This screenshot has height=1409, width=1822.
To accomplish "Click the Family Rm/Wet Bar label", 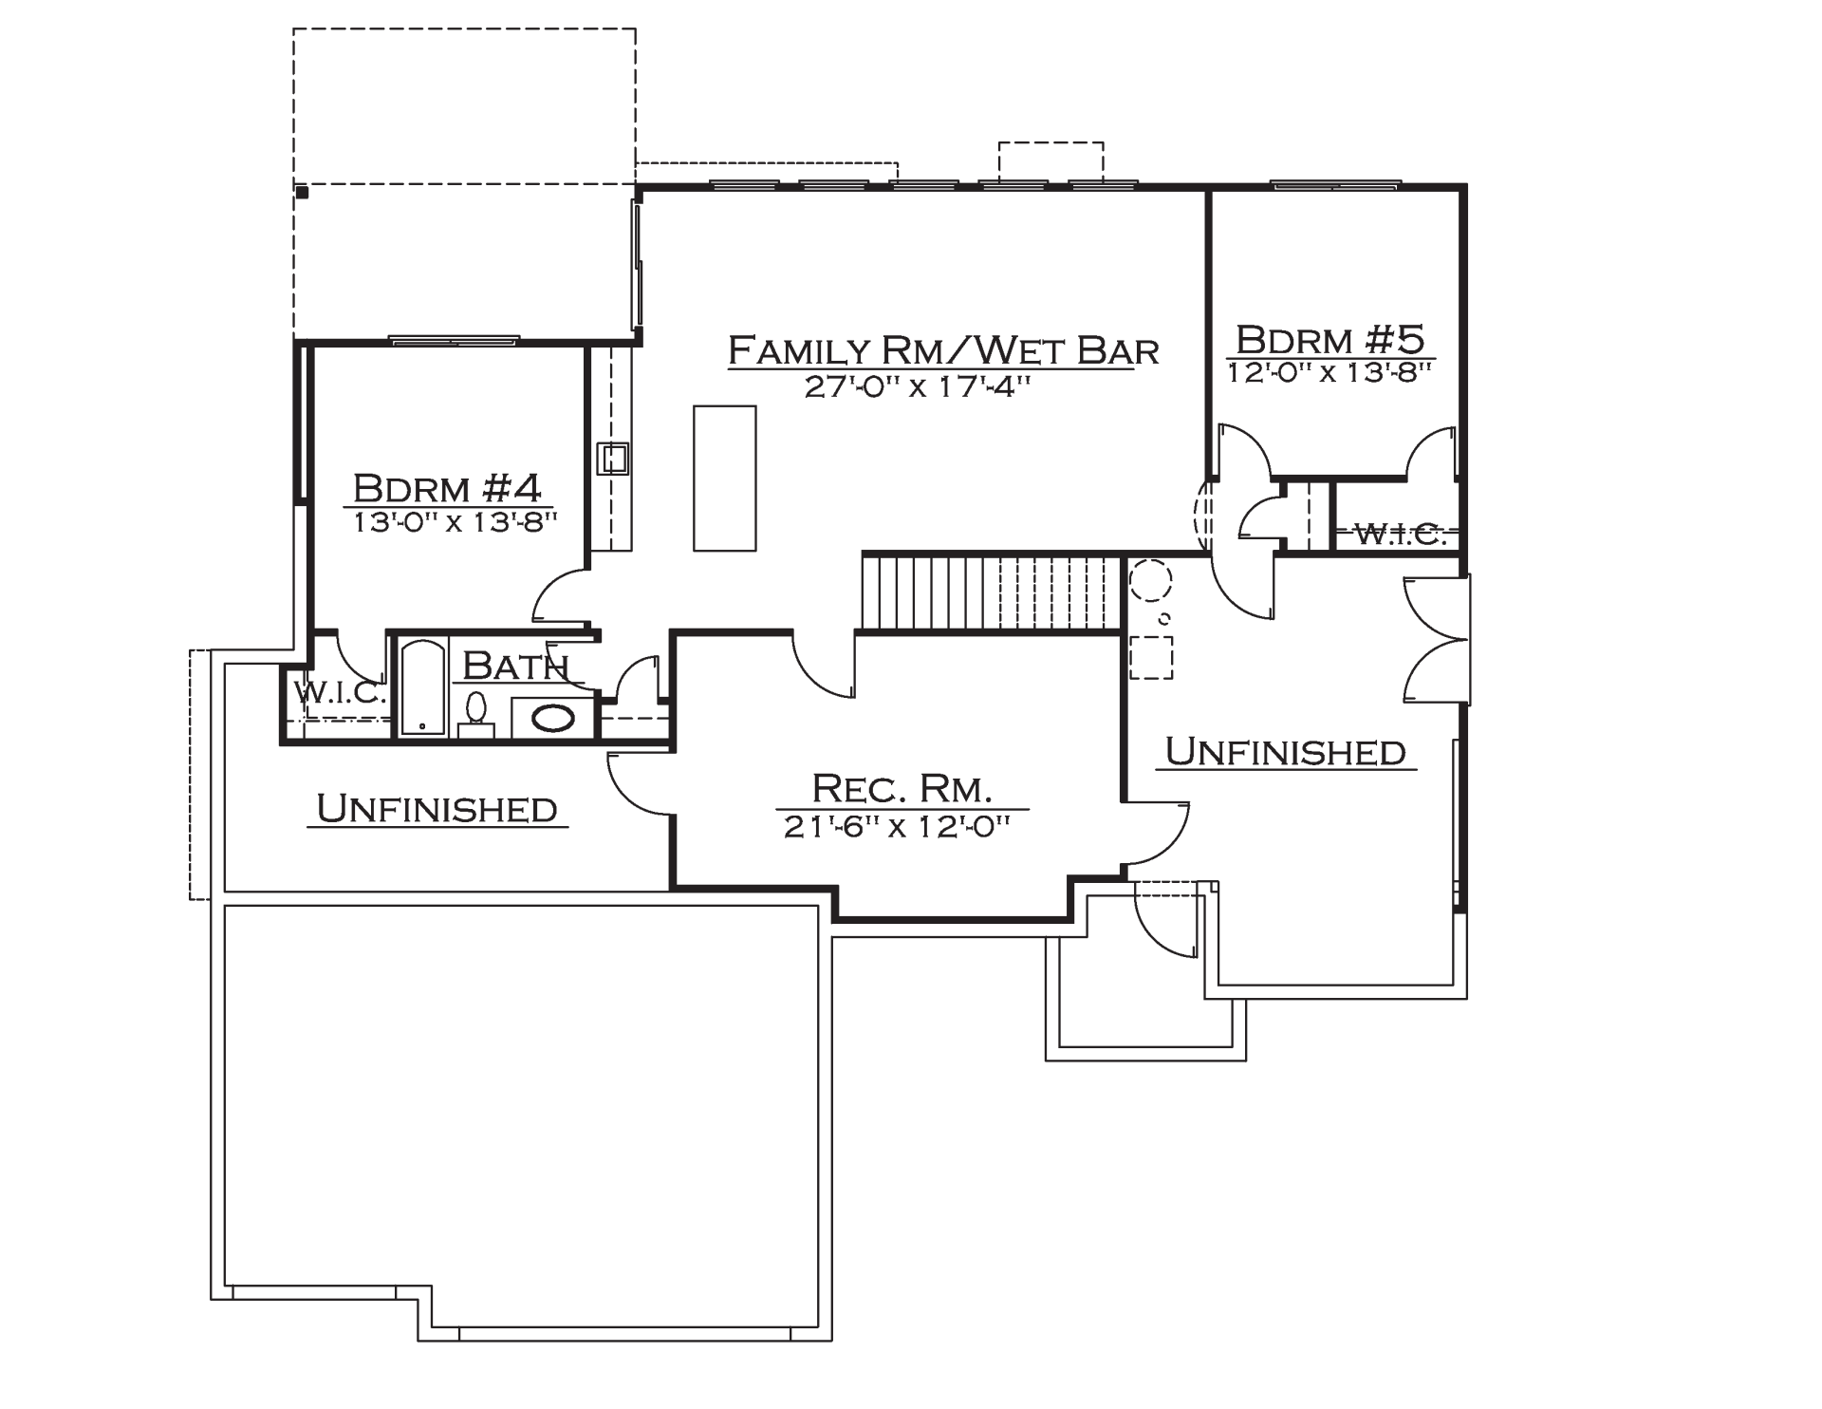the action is (x=943, y=350).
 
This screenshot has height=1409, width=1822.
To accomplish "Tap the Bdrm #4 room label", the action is (x=447, y=488).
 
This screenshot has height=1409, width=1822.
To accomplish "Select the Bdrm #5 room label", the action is (x=1330, y=339).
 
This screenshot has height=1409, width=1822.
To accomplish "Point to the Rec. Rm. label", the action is (x=902, y=788).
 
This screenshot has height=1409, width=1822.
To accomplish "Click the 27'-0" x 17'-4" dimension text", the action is (x=918, y=387).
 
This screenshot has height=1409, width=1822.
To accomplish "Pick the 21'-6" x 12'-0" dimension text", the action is (x=896, y=828).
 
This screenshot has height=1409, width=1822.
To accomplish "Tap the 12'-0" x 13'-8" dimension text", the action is (x=1329, y=372).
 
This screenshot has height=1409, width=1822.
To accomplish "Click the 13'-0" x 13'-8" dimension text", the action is (x=455, y=522).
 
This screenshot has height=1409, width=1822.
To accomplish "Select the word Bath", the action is (x=515, y=667).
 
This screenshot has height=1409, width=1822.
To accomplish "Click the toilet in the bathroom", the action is (x=476, y=714).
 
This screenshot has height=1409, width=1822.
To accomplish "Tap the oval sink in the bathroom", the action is (x=552, y=719).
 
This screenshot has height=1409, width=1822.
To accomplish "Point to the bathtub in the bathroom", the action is (x=422, y=687).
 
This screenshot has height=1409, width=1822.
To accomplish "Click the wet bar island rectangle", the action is (x=725, y=479).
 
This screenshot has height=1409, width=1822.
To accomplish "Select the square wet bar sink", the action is (x=612, y=459).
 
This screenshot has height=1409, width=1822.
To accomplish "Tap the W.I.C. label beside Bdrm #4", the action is (x=340, y=692).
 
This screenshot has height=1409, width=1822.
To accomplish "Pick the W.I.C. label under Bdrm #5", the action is (x=1400, y=535).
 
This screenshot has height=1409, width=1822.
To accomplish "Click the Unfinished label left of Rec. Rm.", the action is (x=437, y=809).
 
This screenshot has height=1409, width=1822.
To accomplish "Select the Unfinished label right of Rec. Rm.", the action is (x=1285, y=752).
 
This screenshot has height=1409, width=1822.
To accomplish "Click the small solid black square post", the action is (x=303, y=193).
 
